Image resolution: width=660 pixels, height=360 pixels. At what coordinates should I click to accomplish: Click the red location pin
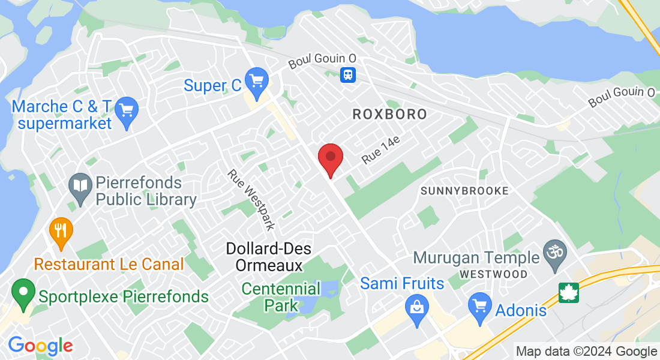pyautogui.click(x=330, y=158)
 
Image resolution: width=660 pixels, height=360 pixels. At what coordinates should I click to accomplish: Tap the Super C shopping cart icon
pyautogui.click(x=257, y=82)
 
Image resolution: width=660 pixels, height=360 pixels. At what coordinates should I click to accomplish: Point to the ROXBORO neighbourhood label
pyautogui.click(x=390, y=114)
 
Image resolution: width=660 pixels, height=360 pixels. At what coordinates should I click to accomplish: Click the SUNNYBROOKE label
pyautogui.click(x=465, y=191)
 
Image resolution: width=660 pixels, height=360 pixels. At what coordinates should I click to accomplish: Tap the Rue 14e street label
pyautogui.click(x=381, y=150)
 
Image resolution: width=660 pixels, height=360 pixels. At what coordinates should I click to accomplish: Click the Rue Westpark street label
pyautogui.click(x=251, y=199)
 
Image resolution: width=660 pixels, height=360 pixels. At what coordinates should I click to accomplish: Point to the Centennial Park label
pyautogui.click(x=281, y=296)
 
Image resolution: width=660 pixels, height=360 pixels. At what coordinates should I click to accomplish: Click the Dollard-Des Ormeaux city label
pyautogui.click(x=264, y=256)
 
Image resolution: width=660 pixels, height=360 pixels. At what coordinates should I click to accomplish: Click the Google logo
pyautogui.click(x=40, y=346)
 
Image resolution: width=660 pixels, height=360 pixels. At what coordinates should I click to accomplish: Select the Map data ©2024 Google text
pyautogui.click(x=587, y=352)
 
